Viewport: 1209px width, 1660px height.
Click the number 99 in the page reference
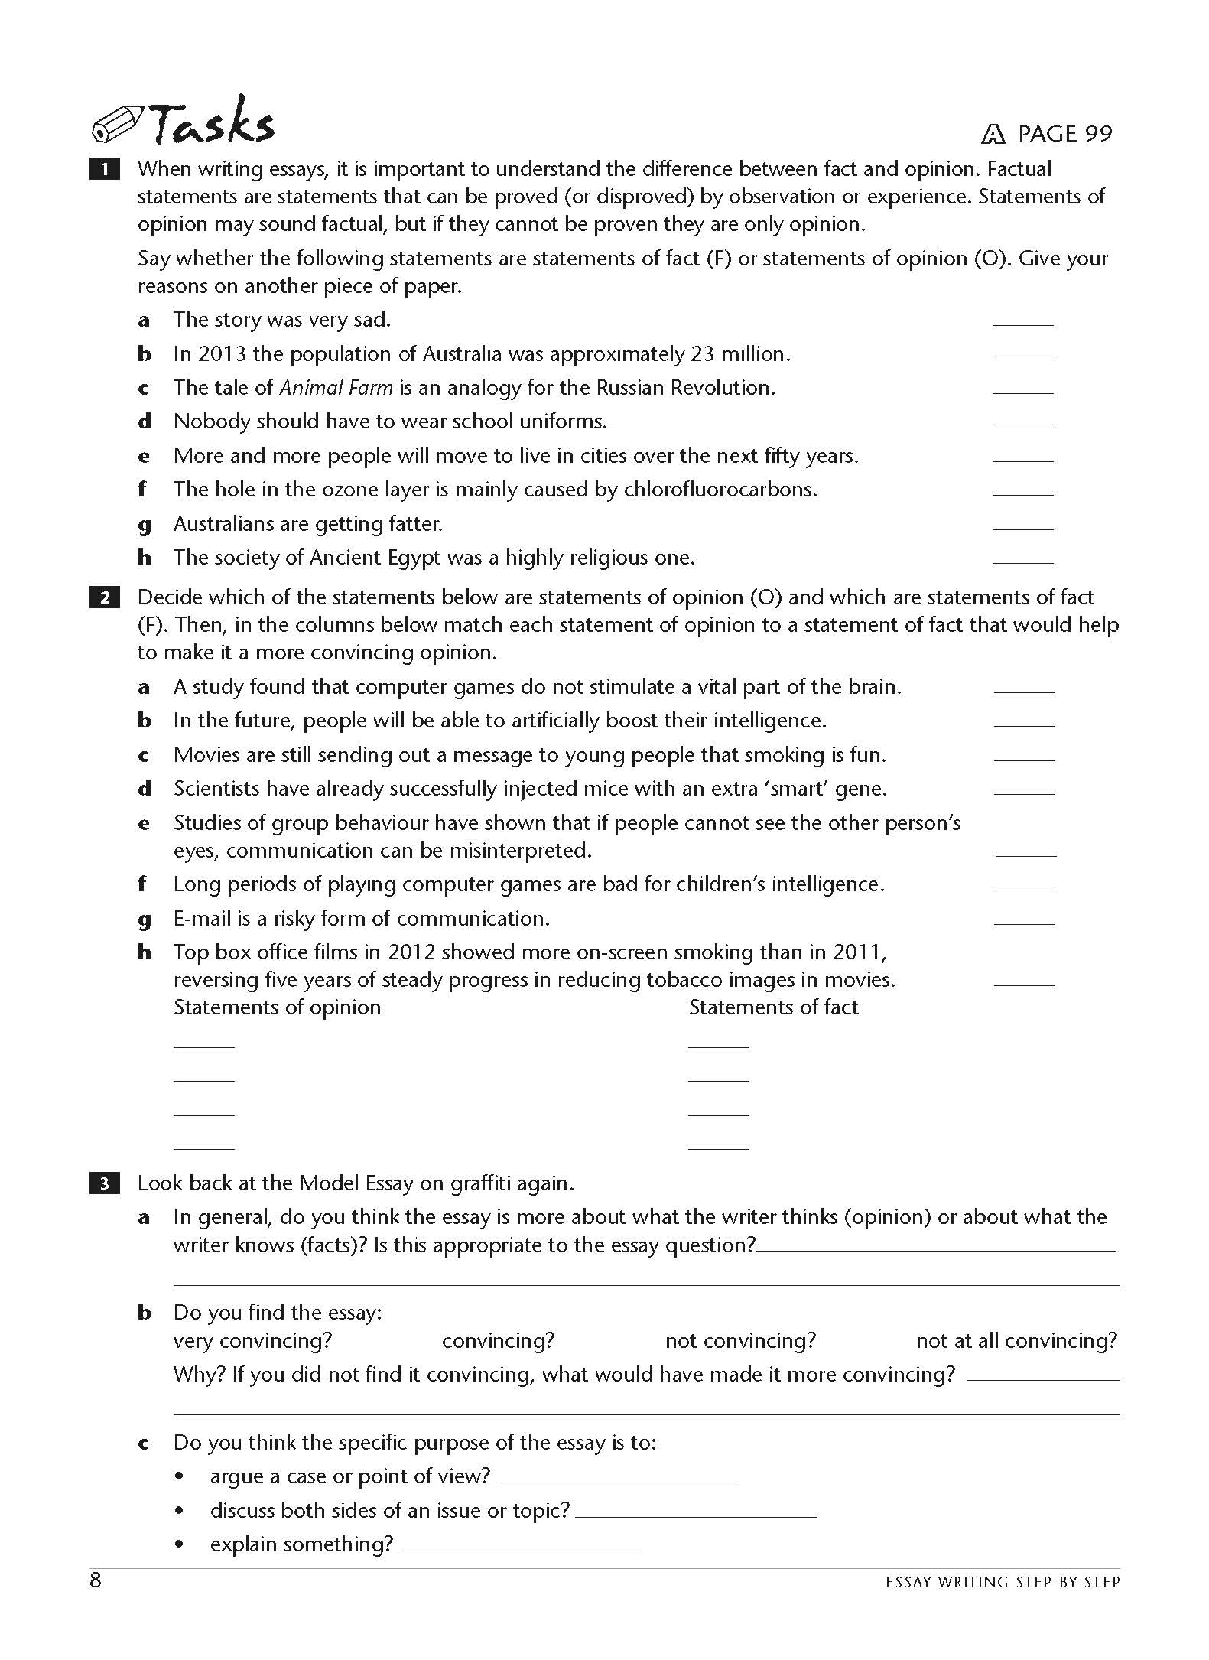[x=1098, y=134]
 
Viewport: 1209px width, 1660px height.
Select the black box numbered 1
[x=105, y=169]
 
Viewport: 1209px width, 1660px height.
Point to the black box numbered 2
[x=105, y=597]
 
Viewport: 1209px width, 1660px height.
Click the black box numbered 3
[x=105, y=1183]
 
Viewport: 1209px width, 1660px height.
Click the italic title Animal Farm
[x=336, y=388]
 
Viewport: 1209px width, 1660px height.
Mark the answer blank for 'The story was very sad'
[x=1022, y=321]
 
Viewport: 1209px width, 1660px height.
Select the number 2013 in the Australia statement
[x=222, y=354]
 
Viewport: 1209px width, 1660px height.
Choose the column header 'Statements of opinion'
[x=277, y=1007]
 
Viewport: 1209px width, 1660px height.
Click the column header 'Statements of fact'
[x=773, y=1007]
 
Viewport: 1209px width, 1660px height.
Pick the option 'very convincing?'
[x=252, y=1340]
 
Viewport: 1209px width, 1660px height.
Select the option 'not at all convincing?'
[x=1016, y=1340]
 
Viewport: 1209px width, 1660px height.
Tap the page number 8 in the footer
[x=96, y=1580]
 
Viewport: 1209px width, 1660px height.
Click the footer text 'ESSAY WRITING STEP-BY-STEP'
[x=1002, y=1583]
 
